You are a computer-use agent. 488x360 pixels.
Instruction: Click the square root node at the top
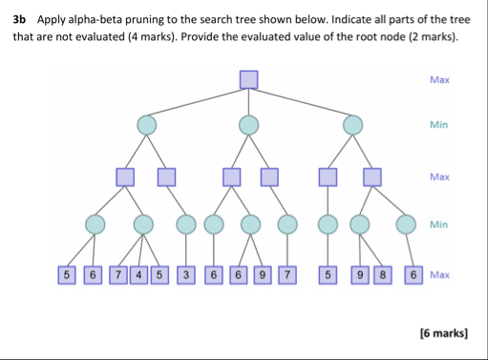(x=249, y=78)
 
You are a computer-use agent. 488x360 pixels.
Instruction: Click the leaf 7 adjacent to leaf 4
(x=118, y=275)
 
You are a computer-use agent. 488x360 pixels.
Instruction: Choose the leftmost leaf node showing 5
(x=66, y=275)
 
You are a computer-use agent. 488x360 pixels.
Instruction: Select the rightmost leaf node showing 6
(x=413, y=275)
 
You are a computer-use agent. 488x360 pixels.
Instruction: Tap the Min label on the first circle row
(x=439, y=125)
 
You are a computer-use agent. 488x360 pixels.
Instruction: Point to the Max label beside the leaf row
(x=439, y=275)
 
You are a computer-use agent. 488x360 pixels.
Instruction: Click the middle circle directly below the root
(x=248, y=125)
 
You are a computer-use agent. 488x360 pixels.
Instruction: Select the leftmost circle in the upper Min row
(x=146, y=125)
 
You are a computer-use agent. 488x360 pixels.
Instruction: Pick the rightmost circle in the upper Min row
(x=353, y=125)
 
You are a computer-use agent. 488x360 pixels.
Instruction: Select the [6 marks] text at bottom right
(x=444, y=333)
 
